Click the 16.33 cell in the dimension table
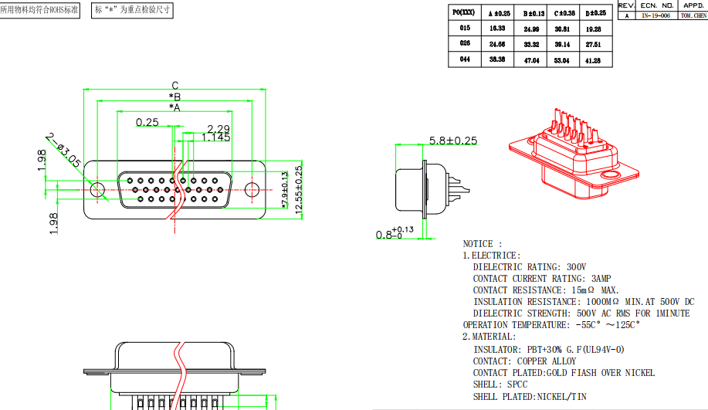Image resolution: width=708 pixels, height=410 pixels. tap(496, 28)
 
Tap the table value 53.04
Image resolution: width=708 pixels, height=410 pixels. tap(562, 59)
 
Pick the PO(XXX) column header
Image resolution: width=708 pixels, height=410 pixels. tap(464, 12)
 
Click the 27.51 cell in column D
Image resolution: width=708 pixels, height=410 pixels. tap(593, 44)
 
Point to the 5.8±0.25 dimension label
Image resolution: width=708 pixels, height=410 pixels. tap(453, 141)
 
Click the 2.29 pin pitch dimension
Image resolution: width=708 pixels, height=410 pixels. tap(218, 129)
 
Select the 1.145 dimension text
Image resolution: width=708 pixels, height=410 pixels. tap(216, 137)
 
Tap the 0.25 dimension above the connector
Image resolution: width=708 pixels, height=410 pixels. tap(147, 122)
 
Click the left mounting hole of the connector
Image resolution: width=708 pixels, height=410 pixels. tap(98, 189)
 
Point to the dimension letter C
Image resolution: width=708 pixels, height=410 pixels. tap(175, 86)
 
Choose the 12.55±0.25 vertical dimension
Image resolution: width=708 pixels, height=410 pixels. tap(298, 190)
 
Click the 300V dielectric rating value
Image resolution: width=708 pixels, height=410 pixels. tap(575, 267)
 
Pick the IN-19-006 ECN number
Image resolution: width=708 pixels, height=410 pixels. tap(655, 15)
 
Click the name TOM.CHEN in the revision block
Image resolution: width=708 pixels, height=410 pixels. tap(692, 15)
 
